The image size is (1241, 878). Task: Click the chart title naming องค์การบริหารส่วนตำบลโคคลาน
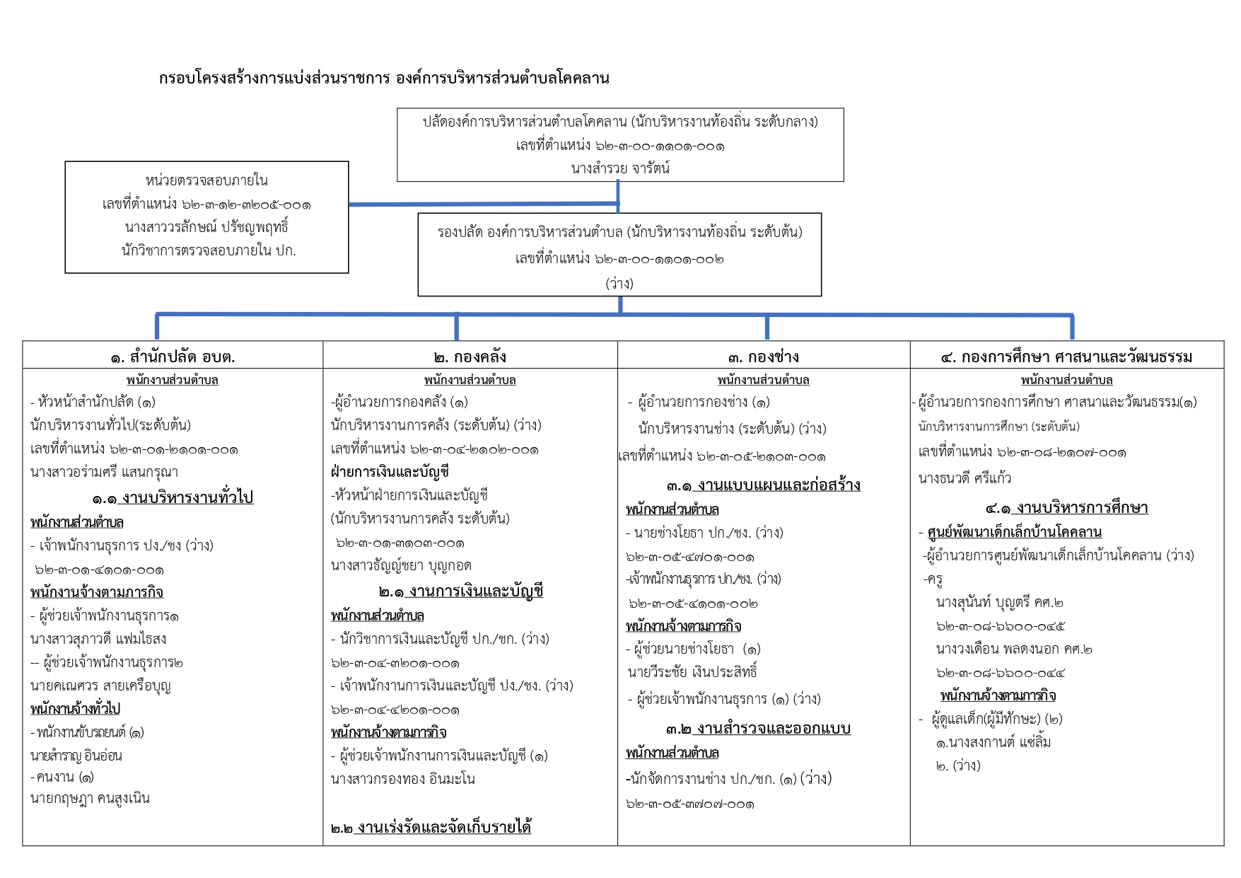pyautogui.click(x=384, y=78)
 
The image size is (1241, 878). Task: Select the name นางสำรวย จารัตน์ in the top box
pyautogui.click(x=620, y=168)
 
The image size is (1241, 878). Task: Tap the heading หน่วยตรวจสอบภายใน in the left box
pyautogui.click(x=206, y=180)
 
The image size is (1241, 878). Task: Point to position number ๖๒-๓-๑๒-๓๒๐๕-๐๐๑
pyautogui.click(x=206, y=204)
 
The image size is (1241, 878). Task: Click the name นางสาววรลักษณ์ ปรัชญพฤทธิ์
pyautogui.click(x=206, y=227)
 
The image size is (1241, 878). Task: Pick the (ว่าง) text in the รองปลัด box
pyautogui.click(x=619, y=283)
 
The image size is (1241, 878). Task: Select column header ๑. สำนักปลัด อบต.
pyautogui.click(x=173, y=357)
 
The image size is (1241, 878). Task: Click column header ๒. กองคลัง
pyautogui.click(x=470, y=357)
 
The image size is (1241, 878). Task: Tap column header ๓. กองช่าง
pyautogui.click(x=764, y=357)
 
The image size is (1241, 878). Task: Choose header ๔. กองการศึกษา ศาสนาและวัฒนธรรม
pyautogui.click(x=1066, y=357)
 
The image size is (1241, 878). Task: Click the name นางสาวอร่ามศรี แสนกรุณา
pyautogui.click(x=104, y=472)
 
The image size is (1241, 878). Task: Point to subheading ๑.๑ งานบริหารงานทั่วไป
pyautogui.click(x=173, y=497)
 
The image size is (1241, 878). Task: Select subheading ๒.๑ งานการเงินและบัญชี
pyautogui.click(x=461, y=591)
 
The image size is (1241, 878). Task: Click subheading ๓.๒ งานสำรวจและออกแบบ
pyautogui.click(x=758, y=728)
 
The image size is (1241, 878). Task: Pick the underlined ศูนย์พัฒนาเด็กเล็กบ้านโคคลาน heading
pyautogui.click(x=1014, y=532)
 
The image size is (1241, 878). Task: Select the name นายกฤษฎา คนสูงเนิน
pyautogui.click(x=90, y=798)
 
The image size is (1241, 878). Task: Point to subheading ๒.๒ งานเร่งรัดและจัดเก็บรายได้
pyautogui.click(x=431, y=826)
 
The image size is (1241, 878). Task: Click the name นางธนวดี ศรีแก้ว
pyautogui.click(x=965, y=478)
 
